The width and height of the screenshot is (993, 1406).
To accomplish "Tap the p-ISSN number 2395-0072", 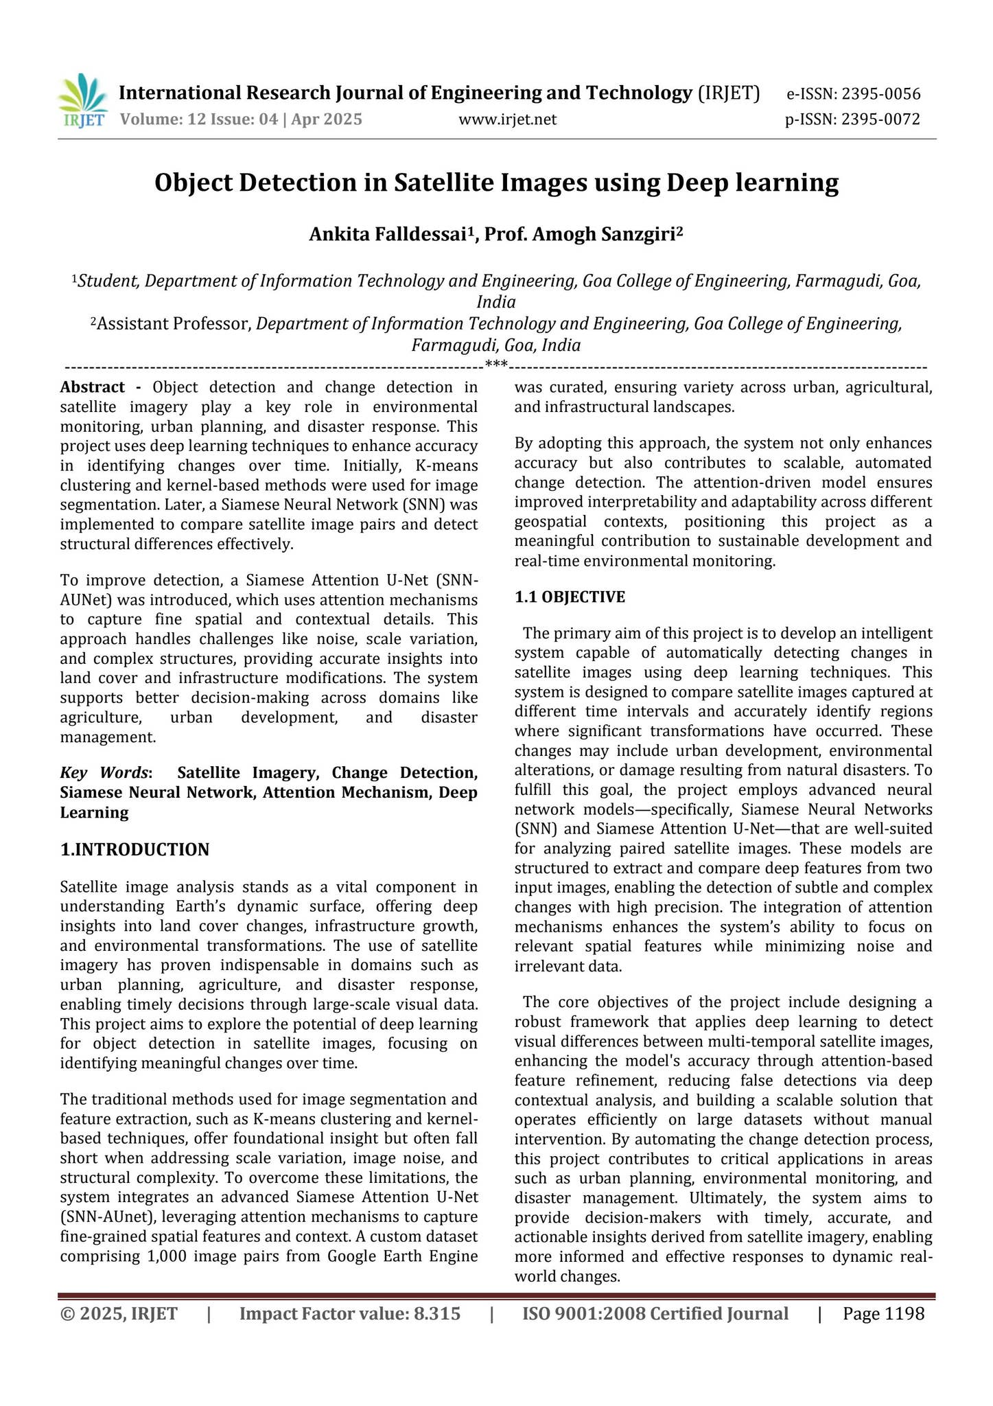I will pos(880,119).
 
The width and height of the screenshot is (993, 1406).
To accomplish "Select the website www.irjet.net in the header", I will pos(507,120).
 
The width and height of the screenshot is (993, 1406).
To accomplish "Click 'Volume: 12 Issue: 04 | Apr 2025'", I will pos(241,119).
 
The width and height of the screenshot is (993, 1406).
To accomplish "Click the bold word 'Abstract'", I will pos(93,387).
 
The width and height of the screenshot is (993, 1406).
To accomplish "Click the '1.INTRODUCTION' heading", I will pos(135,850).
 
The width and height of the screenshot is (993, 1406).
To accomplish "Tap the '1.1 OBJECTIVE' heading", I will pos(570,597).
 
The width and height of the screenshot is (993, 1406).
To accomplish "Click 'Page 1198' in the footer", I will pos(883,1314).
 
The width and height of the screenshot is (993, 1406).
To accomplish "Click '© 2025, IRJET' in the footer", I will pos(119,1314).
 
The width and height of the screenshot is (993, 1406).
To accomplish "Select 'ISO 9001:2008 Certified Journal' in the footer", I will pos(655,1314).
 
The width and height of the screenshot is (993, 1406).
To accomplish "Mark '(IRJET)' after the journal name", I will pos(728,93).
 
